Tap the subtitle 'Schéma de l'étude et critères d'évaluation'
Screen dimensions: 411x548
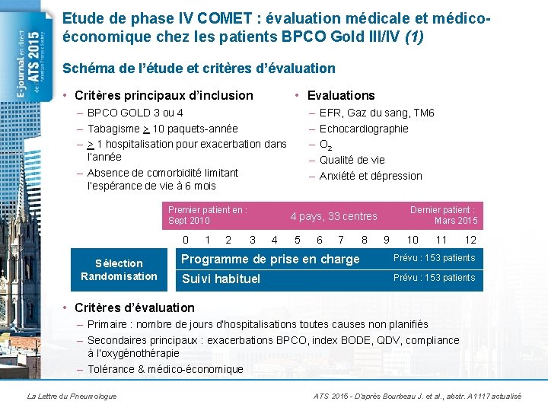click(x=199, y=68)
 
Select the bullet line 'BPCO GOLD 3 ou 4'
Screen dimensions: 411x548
click(x=135, y=113)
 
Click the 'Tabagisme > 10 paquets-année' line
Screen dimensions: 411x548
click(x=162, y=129)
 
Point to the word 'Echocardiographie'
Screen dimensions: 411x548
click(x=364, y=129)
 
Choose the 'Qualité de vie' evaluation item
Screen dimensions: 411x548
click(x=352, y=160)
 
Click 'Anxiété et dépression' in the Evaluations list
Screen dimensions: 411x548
click(x=371, y=176)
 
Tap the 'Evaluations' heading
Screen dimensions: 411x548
click(x=341, y=96)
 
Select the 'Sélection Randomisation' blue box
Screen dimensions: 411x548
click(x=119, y=269)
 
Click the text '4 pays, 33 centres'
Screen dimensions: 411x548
click(x=333, y=216)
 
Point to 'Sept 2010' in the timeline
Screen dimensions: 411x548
click(x=189, y=221)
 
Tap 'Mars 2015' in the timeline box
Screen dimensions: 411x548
click(x=456, y=221)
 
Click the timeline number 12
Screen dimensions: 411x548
click(x=470, y=240)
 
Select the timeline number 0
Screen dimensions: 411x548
click(x=186, y=240)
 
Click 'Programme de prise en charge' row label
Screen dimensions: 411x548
click(x=270, y=259)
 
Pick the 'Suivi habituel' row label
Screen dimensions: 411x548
click(x=221, y=279)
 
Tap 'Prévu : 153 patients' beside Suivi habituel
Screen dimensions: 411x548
click(x=434, y=278)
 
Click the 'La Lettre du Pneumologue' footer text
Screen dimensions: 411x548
click(x=72, y=396)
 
